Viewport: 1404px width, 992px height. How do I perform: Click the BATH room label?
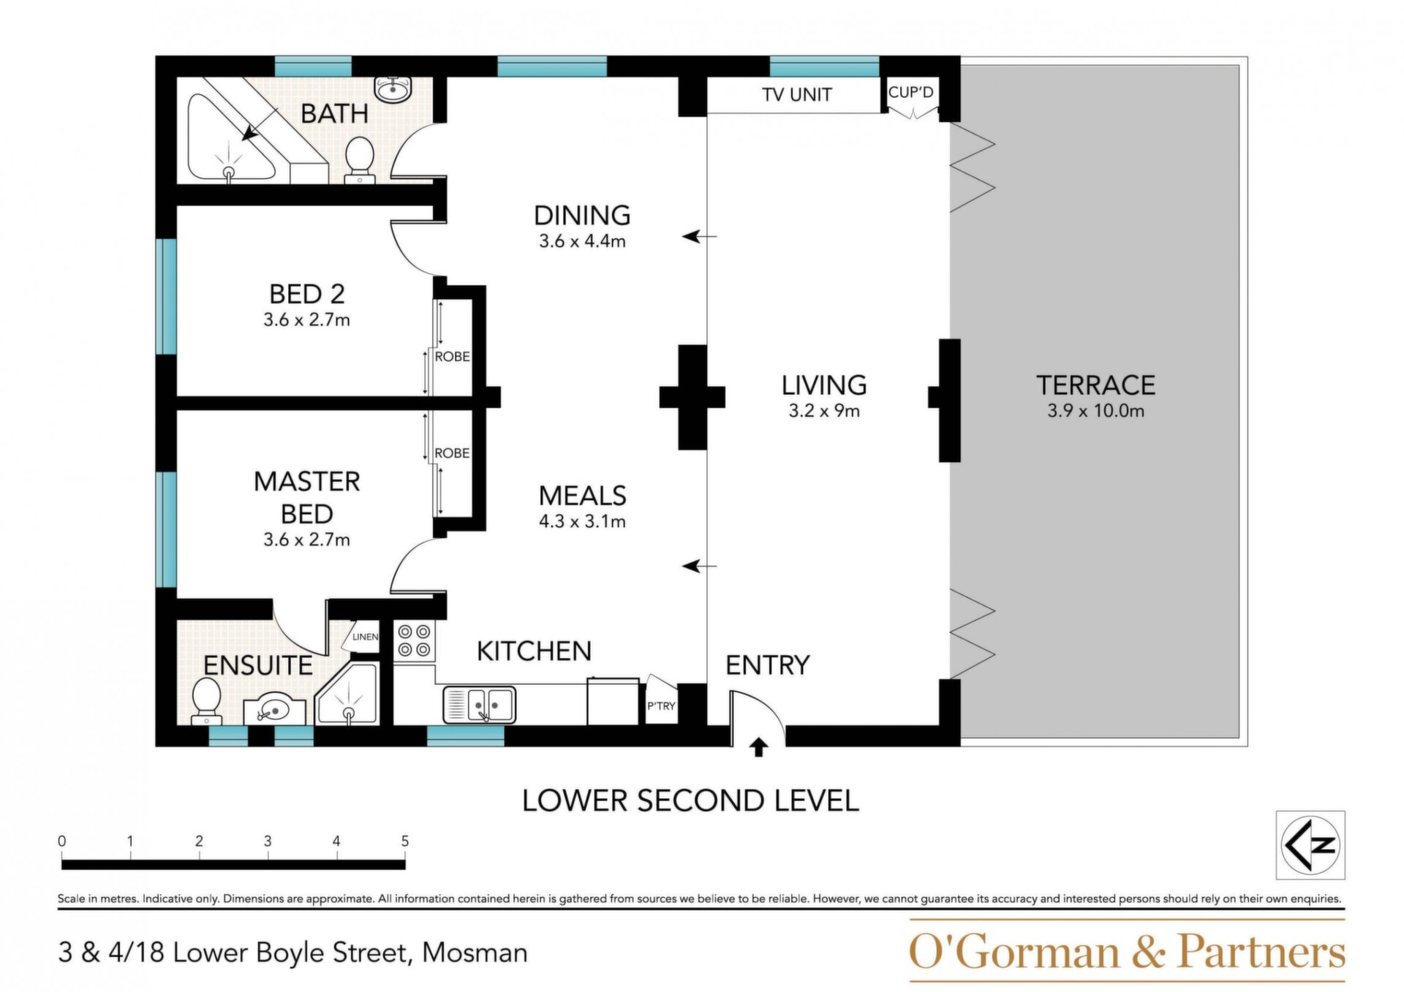click(x=334, y=113)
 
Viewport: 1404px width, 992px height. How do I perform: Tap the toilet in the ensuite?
click(x=206, y=700)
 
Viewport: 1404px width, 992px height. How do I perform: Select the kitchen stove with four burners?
click(x=415, y=641)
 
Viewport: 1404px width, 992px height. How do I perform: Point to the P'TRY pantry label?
click(x=661, y=706)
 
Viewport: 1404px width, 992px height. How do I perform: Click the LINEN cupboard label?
click(x=365, y=637)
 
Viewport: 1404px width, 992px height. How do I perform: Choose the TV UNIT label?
click(x=796, y=95)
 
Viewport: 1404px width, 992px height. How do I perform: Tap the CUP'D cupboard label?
click(x=910, y=93)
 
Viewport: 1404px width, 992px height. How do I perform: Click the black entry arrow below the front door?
click(x=758, y=747)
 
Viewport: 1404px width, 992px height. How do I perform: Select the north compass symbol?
click(x=1310, y=844)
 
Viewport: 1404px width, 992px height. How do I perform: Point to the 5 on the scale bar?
click(x=405, y=841)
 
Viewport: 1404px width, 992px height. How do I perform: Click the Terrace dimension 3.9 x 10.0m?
click(x=1095, y=411)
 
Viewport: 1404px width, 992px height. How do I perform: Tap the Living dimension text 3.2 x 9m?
click(x=824, y=411)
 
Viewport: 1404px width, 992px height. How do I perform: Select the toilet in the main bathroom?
click(x=359, y=159)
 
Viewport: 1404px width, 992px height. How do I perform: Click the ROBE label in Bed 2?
click(x=452, y=357)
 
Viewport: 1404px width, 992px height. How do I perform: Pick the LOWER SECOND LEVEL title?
click(x=690, y=801)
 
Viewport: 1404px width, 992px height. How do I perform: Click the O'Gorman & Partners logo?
click(x=1127, y=951)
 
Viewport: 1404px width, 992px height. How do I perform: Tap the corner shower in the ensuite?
click(x=347, y=694)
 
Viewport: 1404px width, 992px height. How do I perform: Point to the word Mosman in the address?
click(x=475, y=953)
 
